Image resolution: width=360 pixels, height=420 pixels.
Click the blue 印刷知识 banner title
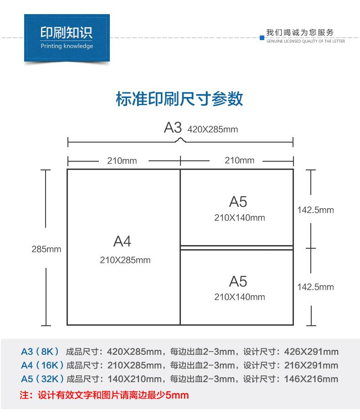(67, 33)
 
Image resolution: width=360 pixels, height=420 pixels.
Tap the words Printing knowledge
(67, 46)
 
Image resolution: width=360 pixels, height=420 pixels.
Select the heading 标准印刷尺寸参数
(180, 99)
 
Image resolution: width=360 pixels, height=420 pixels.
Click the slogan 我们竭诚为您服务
(300, 32)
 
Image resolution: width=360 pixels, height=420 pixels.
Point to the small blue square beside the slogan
(262, 37)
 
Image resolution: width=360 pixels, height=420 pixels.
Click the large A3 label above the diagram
(173, 128)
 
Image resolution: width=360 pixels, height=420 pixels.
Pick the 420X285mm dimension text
(213, 129)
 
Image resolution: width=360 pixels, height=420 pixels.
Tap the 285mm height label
(46, 249)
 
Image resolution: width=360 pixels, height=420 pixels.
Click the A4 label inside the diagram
(122, 241)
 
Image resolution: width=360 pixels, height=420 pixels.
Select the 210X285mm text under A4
(125, 261)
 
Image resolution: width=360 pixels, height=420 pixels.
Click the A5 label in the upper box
(238, 202)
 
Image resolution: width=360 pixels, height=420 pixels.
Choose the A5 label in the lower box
(238, 281)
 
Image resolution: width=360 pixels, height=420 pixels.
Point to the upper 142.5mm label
(315, 210)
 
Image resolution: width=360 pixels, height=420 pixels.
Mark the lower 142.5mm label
(315, 287)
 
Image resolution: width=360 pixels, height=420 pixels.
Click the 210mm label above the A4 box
(122, 160)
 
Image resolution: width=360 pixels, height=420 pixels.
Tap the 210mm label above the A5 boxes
(239, 160)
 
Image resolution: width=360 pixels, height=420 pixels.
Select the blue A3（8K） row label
(40, 352)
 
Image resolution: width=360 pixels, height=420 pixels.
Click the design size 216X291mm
(311, 365)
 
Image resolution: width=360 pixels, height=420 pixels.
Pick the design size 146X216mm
(311, 379)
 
